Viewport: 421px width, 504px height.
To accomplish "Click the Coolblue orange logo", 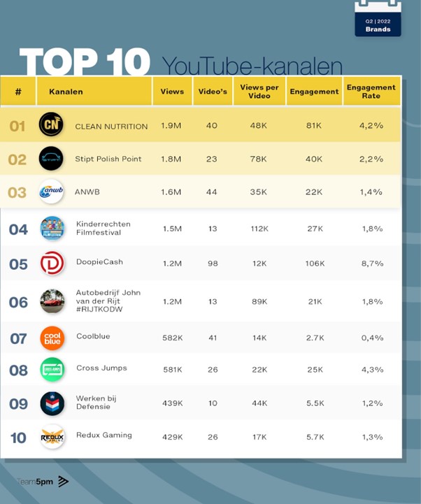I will [52, 338].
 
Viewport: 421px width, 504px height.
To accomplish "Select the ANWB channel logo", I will [52, 192].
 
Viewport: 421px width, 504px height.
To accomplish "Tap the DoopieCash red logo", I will [52, 263].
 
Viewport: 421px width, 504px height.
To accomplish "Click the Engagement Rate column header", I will [371, 92].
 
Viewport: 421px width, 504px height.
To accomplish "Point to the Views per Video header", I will [258, 92].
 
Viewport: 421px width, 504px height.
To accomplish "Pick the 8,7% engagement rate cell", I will [372, 263].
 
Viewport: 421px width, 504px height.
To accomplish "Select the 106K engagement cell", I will [315, 263].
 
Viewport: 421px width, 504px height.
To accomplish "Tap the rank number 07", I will [18, 339].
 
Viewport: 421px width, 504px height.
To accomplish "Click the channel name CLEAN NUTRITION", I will [111, 127].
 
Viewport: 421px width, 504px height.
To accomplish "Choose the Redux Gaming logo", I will [52, 437].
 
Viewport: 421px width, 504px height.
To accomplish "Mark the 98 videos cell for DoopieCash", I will [211, 263].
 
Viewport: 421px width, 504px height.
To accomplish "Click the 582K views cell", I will [171, 338].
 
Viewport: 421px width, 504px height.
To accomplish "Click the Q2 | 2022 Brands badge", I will [378, 18].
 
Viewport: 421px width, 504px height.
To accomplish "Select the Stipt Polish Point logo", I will [51, 159].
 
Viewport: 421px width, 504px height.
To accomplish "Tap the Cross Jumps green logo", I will [52, 369].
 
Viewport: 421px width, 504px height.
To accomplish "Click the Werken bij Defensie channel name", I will [97, 403].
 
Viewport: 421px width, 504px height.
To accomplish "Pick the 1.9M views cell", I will [171, 126].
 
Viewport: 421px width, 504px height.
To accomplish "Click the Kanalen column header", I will [66, 92].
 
